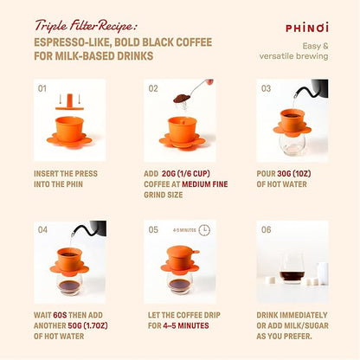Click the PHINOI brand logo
click(305, 27)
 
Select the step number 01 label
click(42, 88)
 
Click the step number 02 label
click(153, 88)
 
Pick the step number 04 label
click(42, 229)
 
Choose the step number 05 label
click(153, 229)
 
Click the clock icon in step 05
click(204, 230)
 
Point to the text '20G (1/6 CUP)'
click(190, 173)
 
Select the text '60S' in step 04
click(60, 314)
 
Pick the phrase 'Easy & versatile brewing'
click(303, 51)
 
